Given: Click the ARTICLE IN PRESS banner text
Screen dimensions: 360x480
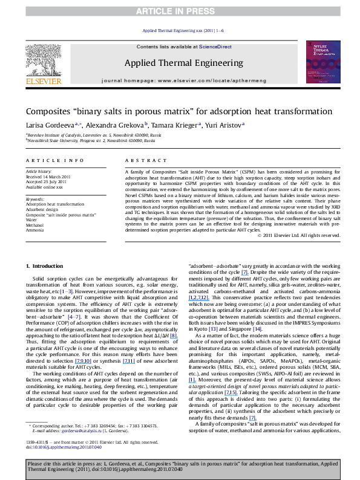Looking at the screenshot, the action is pyautogui.click(x=180, y=11).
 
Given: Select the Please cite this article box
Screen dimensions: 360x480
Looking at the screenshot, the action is pyautogui.click(x=180, y=466).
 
